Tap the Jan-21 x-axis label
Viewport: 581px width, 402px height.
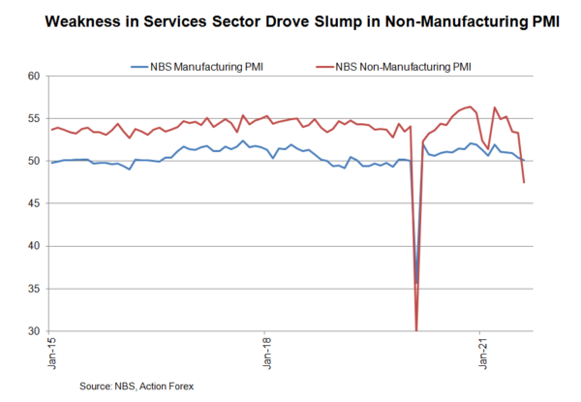(482, 355)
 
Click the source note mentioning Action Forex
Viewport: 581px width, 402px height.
(138, 386)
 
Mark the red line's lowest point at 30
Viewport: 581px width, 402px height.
(416, 330)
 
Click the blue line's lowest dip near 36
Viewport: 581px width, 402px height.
(417, 282)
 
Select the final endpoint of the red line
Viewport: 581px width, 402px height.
(524, 182)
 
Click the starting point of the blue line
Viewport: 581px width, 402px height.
(51, 163)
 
